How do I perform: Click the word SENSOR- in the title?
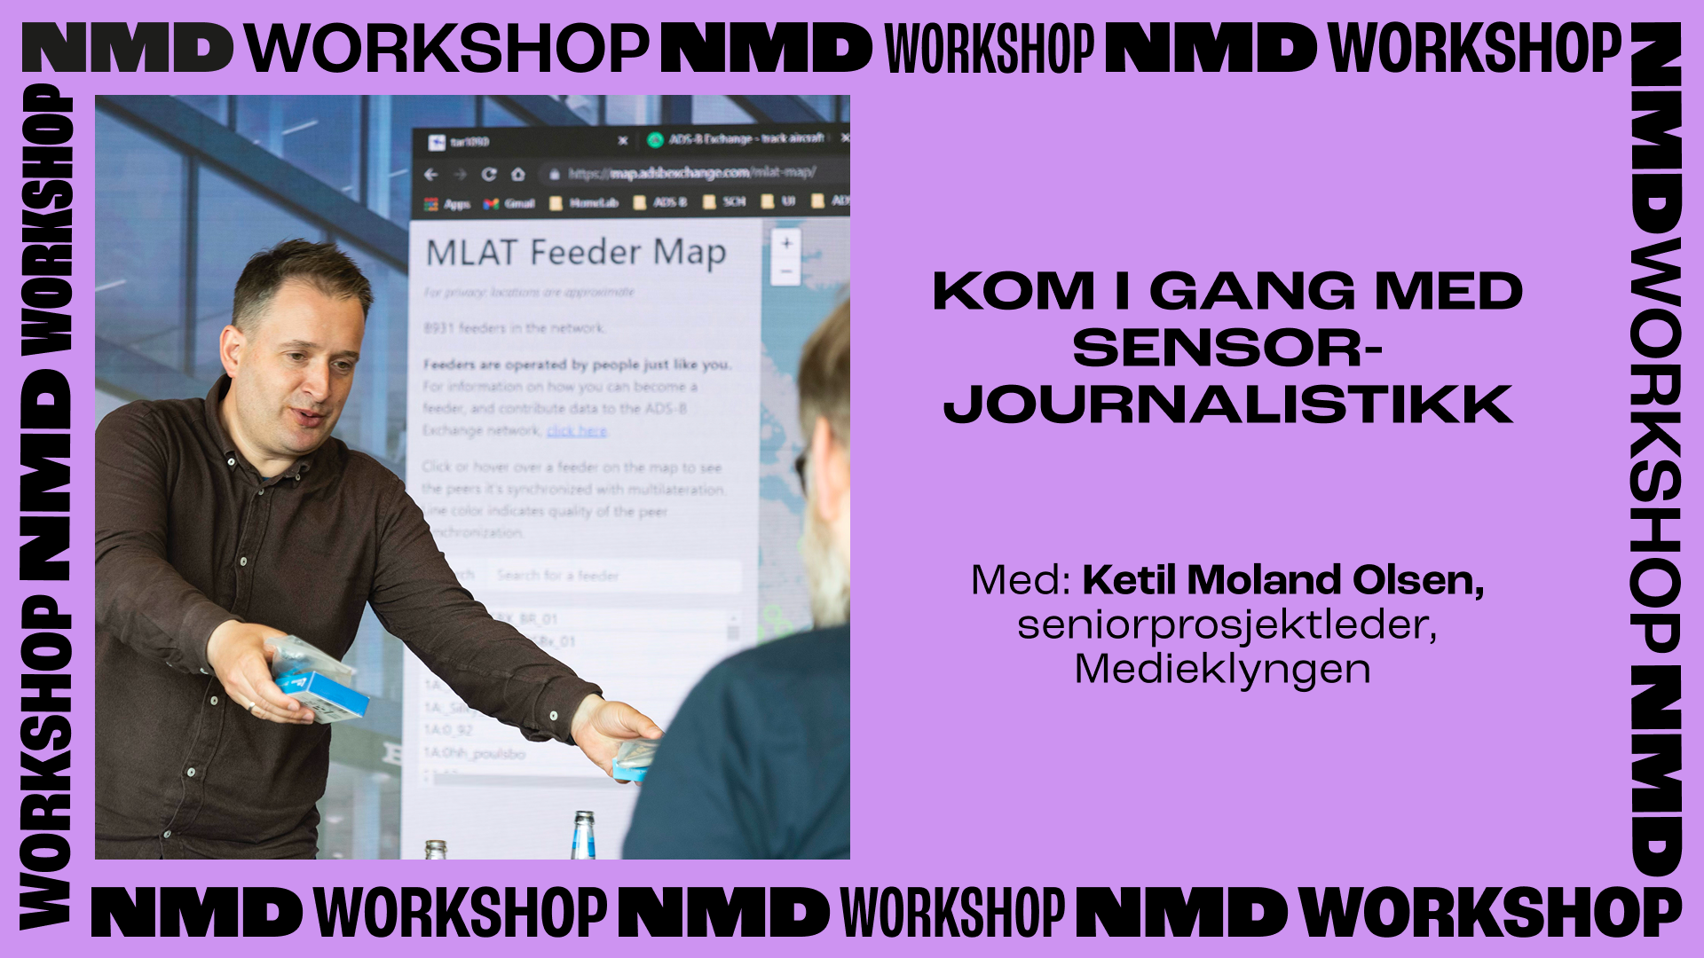[x=1227, y=348]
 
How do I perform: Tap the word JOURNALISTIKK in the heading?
[x=1227, y=404]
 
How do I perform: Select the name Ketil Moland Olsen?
[x=1282, y=580]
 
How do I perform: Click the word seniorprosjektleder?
[x=1225, y=624]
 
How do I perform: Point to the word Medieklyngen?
[x=1222, y=669]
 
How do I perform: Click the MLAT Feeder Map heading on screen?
[x=576, y=253]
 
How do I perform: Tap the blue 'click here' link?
[x=576, y=431]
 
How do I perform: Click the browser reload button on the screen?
[x=489, y=174]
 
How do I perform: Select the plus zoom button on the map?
[x=786, y=243]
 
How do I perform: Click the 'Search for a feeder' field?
[x=612, y=575]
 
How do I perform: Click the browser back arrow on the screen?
[x=431, y=174]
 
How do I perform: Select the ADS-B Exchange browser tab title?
[x=745, y=139]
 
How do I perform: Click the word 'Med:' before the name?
[x=1021, y=580]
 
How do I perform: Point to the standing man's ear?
[x=233, y=351]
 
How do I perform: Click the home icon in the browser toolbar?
[x=517, y=174]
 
